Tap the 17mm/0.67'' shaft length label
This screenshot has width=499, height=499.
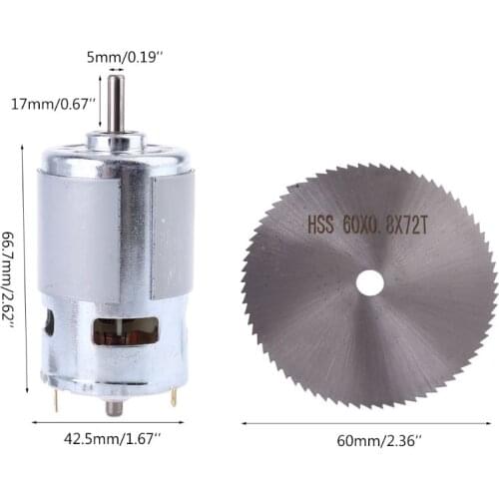point(54,102)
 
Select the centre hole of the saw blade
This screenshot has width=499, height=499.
point(369,282)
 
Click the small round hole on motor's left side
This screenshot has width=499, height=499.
point(49,322)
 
